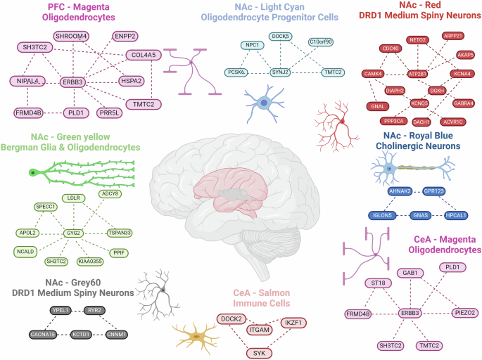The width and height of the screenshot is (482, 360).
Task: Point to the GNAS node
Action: (420, 215)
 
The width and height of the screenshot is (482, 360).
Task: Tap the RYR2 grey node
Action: (96, 309)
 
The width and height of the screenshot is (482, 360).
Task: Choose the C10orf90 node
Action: (322, 42)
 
